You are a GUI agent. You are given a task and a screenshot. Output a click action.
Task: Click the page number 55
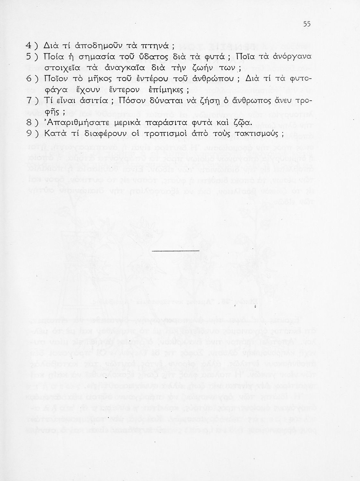point(307,24)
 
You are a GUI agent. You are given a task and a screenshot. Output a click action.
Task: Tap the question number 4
point(29,45)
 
